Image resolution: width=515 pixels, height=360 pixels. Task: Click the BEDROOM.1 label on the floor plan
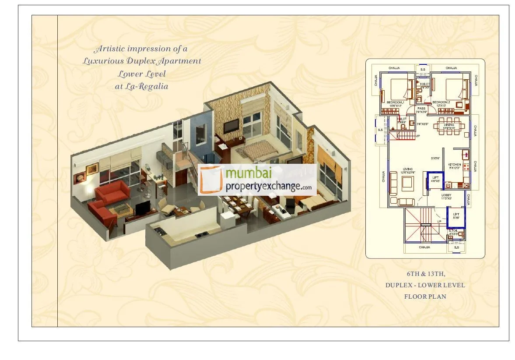coord(394,102)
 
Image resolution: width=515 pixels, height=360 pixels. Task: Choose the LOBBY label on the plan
coord(446,195)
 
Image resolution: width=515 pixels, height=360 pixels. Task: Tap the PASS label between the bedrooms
coord(421,108)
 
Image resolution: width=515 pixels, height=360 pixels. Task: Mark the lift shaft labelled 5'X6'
coord(455,215)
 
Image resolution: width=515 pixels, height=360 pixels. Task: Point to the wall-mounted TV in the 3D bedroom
coord(231,126)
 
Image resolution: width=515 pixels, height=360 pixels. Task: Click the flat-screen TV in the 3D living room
coord(142,209)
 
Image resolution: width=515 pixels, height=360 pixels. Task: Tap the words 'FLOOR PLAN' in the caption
coord(425,296)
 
